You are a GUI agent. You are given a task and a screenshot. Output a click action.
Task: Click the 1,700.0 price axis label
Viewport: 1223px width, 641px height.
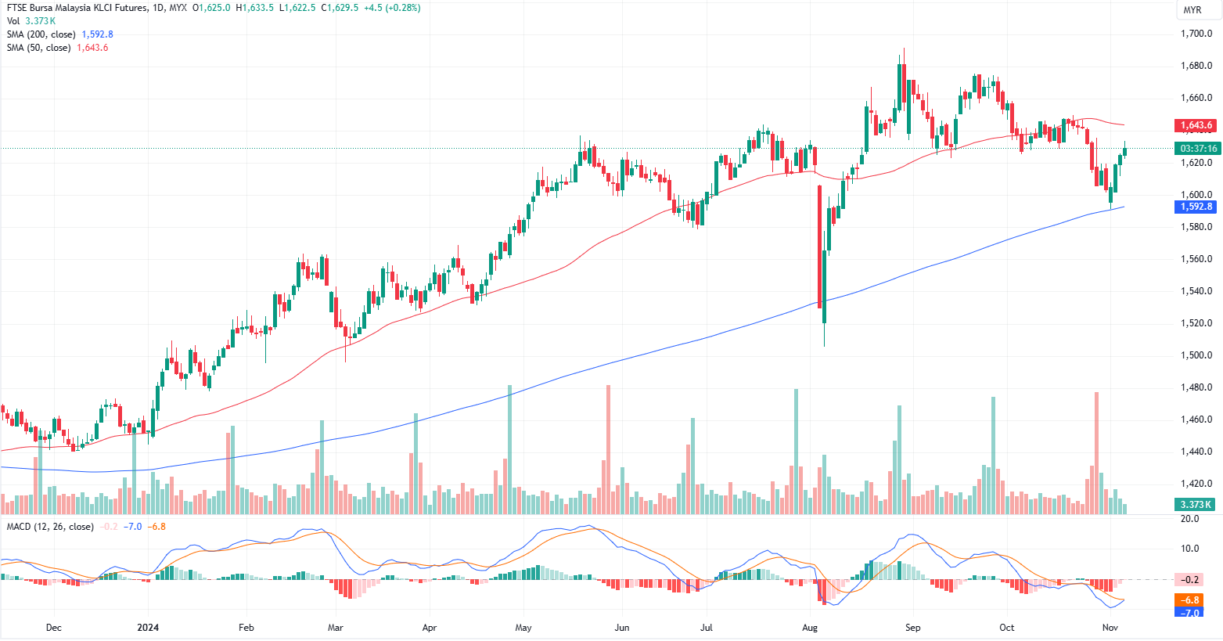click(x=1196, y=34)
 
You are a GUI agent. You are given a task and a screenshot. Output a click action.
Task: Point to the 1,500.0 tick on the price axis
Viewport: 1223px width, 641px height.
click(x=1196, y=355)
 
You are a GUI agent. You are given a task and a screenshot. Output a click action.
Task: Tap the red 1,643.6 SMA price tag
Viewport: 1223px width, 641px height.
click(x=1196, y=125)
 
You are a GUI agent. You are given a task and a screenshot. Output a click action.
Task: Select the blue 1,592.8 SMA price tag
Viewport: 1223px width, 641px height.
click(x=1196, y=207)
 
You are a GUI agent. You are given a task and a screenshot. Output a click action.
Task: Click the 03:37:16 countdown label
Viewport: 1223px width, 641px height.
click(x=1198, y=149)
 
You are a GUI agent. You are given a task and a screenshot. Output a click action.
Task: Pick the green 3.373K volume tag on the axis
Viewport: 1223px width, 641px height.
click(x=1196, y=505)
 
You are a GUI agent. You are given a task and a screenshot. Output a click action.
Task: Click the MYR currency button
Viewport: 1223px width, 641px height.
click(x=1192, y=10)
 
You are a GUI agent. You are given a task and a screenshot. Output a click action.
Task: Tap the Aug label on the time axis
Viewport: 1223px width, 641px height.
click(x=810, y=628)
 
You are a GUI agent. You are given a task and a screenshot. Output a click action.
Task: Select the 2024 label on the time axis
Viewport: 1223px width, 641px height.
click(x=148, y=628)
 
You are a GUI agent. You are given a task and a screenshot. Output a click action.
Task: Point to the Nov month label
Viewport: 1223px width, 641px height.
click(x=1110, y=628)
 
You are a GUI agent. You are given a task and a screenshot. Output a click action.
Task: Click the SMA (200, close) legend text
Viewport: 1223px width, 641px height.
click(x=41, y=34)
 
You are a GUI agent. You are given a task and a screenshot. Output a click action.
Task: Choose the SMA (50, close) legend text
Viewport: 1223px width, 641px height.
click(x=38, y=48)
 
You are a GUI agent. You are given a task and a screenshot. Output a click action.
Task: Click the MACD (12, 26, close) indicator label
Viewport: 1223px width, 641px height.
click(x=50, y=527)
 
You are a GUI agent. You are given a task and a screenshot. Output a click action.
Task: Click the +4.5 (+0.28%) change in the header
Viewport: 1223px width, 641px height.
click(x=392, y=8)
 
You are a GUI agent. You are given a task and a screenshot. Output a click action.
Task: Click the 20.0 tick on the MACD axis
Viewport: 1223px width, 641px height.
click(x=1189, y=519)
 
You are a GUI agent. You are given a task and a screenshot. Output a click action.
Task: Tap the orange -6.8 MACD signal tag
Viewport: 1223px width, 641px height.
click(x=1189, y=600)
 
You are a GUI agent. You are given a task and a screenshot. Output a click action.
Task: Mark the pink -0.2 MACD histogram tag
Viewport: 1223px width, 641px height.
click(x=1189, y=580)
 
